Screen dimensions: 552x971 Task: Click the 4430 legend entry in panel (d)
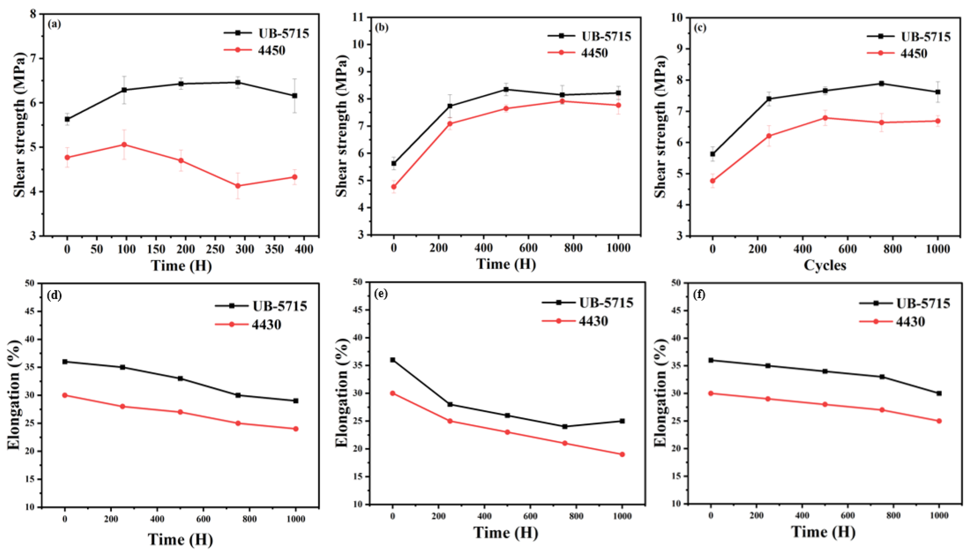(266, 324)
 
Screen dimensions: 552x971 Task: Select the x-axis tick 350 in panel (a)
(274, 249)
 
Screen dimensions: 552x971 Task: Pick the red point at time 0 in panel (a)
(67, 157)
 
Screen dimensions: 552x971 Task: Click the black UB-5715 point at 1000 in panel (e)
(622, 421)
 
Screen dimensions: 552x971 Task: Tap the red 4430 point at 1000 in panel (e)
(622, 454)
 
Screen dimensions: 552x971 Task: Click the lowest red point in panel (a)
(238, 186)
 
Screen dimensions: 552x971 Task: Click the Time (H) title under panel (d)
(180, 539)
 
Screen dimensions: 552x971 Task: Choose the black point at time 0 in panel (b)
(394, 164)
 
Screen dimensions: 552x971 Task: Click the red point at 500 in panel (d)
(180, 412)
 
